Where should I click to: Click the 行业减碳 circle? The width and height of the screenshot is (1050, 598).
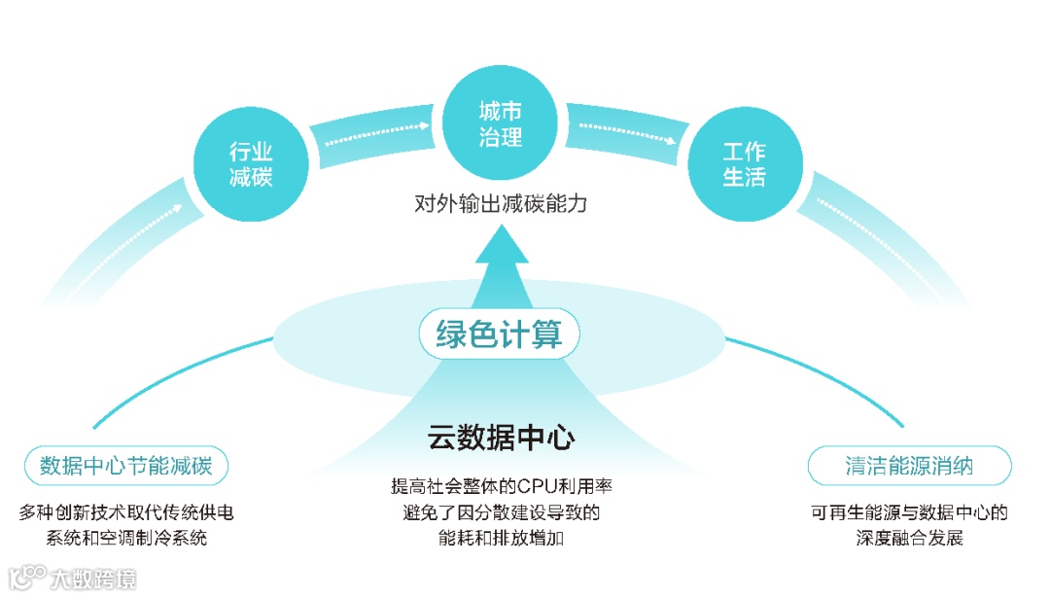click(251, 163)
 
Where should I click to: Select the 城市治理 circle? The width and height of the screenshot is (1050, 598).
click(501, 125)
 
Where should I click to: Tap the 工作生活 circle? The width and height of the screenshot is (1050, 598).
click(744, 163)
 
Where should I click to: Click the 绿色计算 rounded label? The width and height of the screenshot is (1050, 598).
click(500, 335)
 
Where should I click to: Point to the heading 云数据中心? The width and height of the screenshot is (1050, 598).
click(501, 438)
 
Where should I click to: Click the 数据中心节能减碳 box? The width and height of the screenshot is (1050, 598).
click(125, 466)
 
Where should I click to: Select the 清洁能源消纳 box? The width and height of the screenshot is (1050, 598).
click(909, 466)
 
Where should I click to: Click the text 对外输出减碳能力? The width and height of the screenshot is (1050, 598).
click(501, 205)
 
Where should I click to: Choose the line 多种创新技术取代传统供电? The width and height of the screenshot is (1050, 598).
click(126, 511)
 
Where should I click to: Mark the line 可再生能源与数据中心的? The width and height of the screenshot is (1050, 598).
click(909, 511)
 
